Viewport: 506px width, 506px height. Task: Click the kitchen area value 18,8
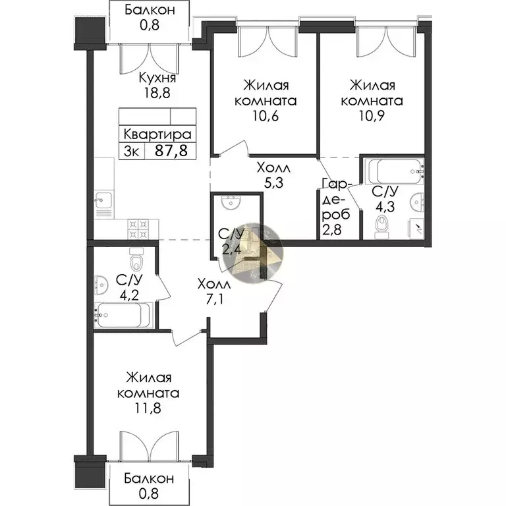coord(157,93)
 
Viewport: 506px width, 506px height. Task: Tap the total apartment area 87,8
coord(171,150)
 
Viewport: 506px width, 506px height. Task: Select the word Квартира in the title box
coord(157,134)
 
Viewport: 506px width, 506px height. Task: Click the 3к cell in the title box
coord(132,151)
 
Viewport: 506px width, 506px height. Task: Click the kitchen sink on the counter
coord(103,200)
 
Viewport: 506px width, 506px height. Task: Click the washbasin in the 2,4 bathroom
coord(231,203)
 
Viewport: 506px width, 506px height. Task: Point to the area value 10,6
coord(266,116)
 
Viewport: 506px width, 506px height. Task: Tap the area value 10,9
coord(372,116)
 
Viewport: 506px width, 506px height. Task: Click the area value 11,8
coord(148,408)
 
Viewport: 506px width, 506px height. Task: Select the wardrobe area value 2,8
coord(332,231)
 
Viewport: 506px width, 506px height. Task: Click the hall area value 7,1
coord(214,300)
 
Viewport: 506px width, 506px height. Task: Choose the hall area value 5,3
coord(273,183)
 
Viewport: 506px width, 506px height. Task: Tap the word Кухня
coord(157,78)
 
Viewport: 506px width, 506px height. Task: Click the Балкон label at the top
coord(150,10)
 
